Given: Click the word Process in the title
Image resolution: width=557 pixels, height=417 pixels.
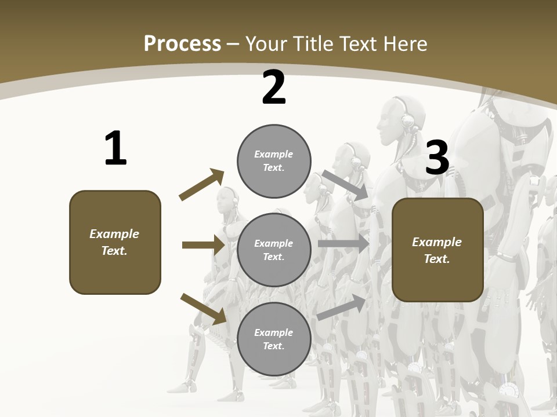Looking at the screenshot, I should (182, 43).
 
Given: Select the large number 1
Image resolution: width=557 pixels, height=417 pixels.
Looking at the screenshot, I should (115, 149).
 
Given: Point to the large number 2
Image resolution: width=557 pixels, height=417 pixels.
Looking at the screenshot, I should (274, 88).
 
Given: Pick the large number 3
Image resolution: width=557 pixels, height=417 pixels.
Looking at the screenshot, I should (437, 158).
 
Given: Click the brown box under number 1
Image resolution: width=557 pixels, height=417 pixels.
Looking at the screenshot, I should (115, 242).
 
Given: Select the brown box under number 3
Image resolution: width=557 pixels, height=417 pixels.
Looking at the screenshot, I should (437, 250).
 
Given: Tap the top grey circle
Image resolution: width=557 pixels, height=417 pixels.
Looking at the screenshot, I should (274, 161).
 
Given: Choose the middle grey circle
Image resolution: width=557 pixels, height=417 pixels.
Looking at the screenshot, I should (274, 250).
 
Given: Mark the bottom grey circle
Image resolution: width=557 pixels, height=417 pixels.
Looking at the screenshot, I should (274, 339).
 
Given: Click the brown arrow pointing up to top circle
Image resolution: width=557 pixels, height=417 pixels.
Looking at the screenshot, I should (201, 185).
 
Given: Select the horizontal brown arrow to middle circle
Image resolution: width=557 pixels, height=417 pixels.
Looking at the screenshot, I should (203, 245).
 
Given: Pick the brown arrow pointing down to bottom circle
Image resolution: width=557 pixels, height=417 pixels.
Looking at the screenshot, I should (203, 309).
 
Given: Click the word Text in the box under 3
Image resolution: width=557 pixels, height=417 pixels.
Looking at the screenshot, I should (436, 259).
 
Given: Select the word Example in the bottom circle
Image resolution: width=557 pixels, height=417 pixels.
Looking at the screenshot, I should (273, 332).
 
